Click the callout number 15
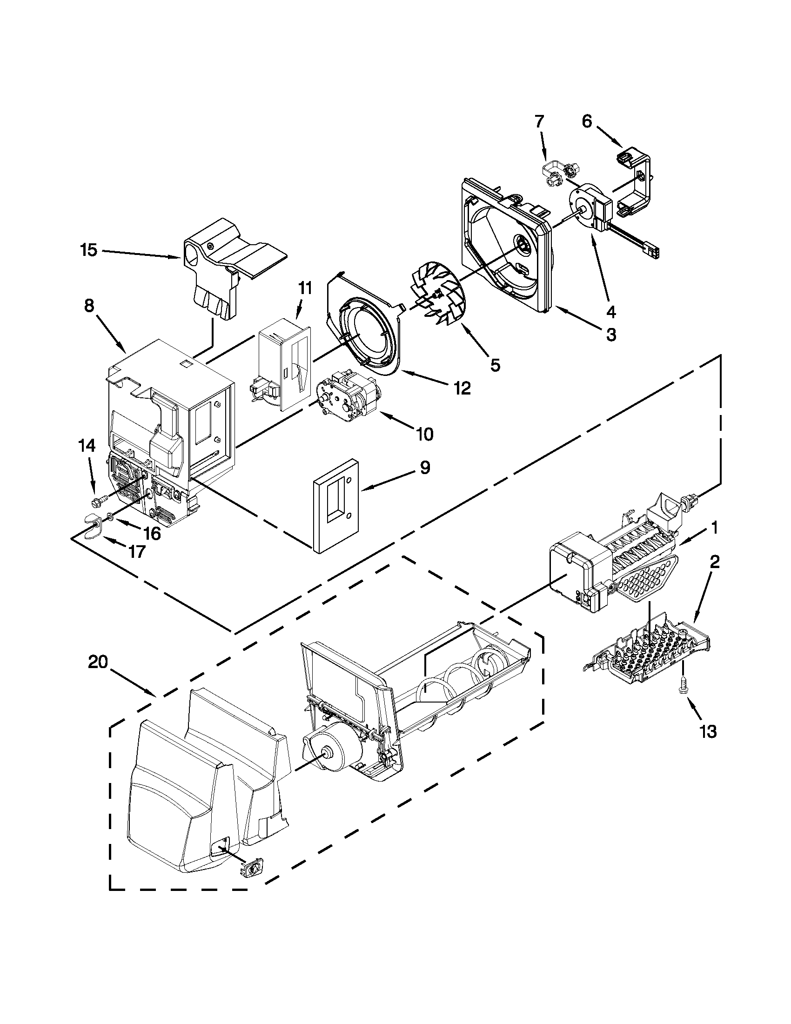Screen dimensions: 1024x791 click(x=87, y=250)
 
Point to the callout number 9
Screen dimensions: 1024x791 click(x=424, y=468)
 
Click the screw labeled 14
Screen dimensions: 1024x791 click(x=100, y=502)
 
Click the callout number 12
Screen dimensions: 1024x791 click(x=462, y=388)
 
